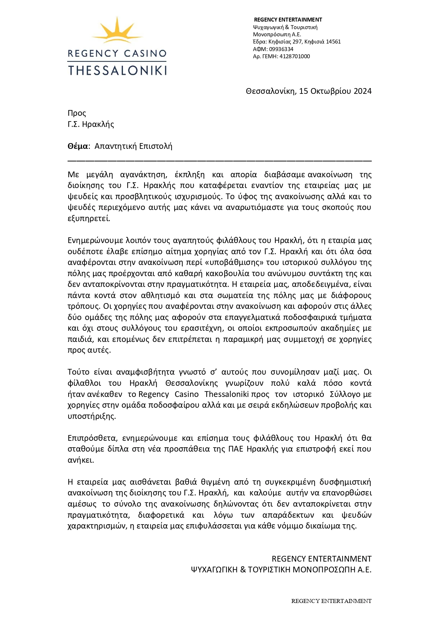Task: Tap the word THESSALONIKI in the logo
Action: tap(117, 70)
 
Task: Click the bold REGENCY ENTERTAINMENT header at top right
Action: tap(288, 20)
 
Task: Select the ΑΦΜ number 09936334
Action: tap(281, 49)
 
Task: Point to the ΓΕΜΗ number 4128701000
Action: tap(295, 56)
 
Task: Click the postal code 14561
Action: tap(333, 42)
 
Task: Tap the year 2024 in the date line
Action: tap(362, 91)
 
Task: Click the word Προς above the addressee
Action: tap(77, 113)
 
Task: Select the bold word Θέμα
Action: tap(78, 146)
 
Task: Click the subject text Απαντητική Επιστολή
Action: tap(133, 146)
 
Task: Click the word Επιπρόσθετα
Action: tap(92, 438)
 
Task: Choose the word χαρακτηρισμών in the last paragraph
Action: tap(97, 526)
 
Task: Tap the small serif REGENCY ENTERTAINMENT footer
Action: tap(331, 601)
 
